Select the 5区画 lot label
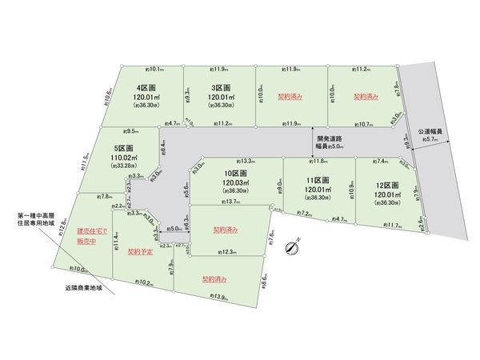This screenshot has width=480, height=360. coord(124,148)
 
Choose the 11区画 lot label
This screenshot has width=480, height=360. coord(319,179)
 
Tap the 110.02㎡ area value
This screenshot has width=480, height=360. coord(124,159)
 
